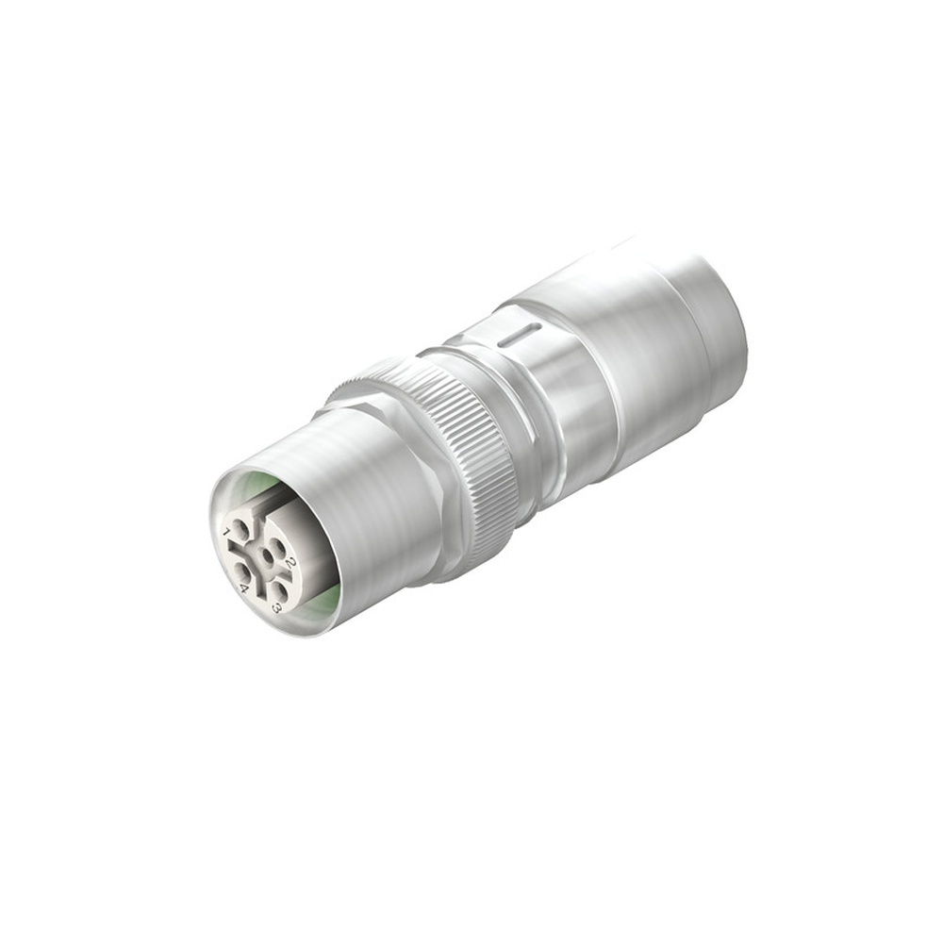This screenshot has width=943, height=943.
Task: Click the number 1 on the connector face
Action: click(x=226, y=533)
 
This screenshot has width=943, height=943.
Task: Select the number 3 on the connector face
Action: click(x=276, y=608)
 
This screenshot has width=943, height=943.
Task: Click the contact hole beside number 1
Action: click(x=240, y=530)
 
